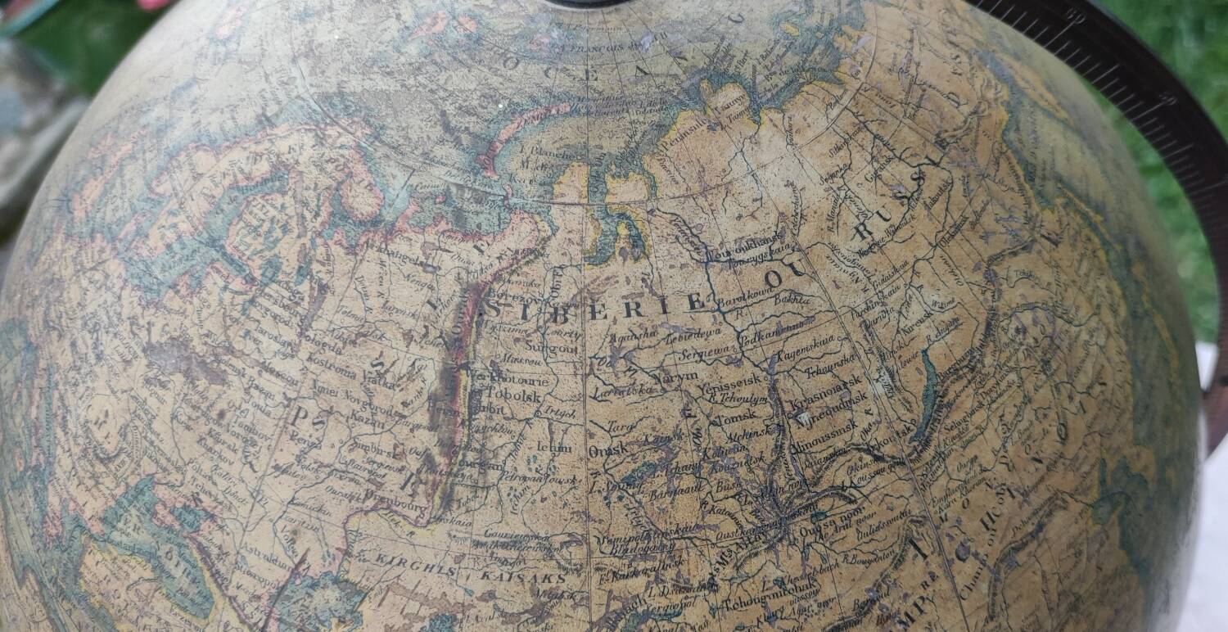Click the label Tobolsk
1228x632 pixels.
point(515,392)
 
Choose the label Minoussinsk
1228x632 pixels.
point(828,426)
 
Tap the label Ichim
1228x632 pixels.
point(553,448)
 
